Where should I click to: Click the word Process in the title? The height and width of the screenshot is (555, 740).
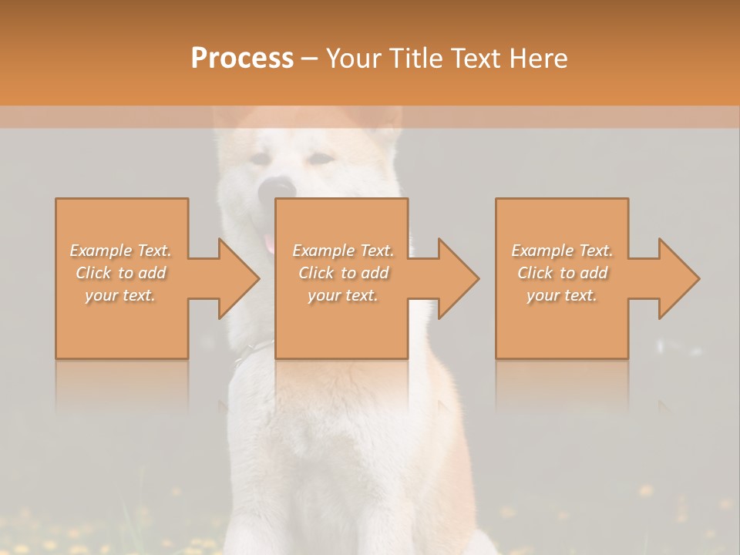pyautogui.click(x=242, y=58)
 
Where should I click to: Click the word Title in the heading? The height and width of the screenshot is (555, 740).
pyautogui.click(x=413, y=58)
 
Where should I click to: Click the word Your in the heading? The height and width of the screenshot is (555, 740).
pyautogui.click(x=354, y=58)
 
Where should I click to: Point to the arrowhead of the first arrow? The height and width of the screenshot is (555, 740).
pyautogui.click(x=239, y=278)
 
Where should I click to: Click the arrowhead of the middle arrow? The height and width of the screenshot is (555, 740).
pyautogui.click(x=459, y=278)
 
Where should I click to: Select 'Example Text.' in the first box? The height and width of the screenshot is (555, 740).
pyautogui.click(x=120, y=251)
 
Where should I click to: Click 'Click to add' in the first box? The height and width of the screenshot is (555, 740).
pyautogui.click(x=121, y=273)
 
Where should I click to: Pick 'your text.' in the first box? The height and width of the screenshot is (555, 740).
pyautogui.click(x=120, y=295)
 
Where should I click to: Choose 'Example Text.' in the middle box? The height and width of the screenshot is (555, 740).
pyautogui.click(x=343, y=251)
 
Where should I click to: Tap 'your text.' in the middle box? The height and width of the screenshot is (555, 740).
pyautogui.click(x=342, y=295)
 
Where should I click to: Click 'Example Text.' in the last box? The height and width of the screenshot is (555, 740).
pyautogui.click(x=562, y=251)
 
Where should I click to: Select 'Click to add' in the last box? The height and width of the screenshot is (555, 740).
pyautogui.click(x=563, y=273)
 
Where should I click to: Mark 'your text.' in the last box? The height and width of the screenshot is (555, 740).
pyautogui.click(x=561, y=295)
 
